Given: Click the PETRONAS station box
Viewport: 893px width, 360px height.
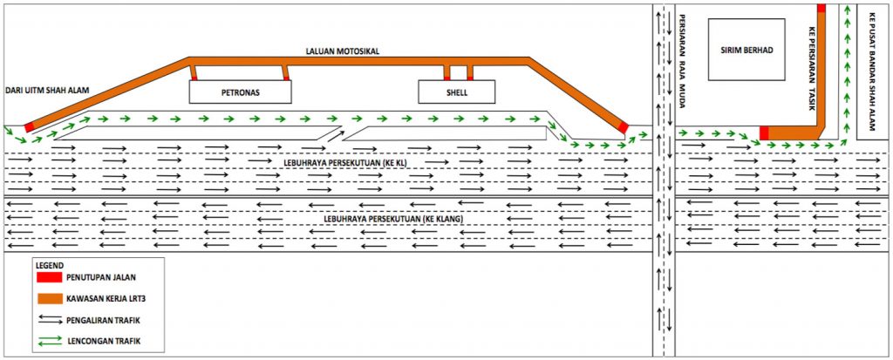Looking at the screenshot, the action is (240, 92).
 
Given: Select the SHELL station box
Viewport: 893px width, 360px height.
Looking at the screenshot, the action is (457, 92).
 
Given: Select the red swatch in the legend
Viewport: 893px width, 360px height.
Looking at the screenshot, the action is (49, 277).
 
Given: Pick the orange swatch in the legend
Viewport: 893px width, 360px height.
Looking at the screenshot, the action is (49, 298).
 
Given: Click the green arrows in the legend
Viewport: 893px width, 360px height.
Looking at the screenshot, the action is (50, 341).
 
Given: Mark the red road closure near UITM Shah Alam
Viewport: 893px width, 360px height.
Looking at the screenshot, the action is (29, 126).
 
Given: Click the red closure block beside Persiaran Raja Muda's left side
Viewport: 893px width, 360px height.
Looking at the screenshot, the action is (624, 127).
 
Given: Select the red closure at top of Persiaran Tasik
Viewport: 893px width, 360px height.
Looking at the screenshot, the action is (821, 8).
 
